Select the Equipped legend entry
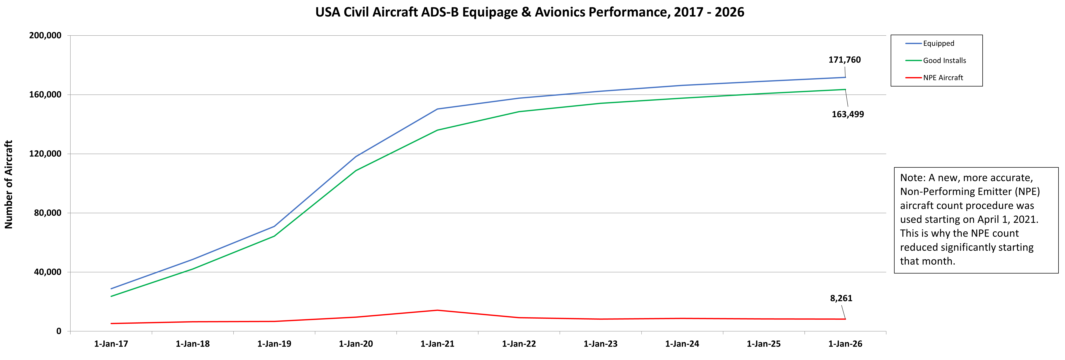(938, 43)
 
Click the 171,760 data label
(844, 60)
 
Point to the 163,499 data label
(847, 115)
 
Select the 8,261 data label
(841, 298)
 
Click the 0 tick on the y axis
(59, 331)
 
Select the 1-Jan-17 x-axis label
(111, 344)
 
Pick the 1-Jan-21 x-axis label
(437, 344)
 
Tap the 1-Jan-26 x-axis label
(845, 344)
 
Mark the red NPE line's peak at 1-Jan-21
(437, 310)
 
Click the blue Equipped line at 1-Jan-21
(437, 109)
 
